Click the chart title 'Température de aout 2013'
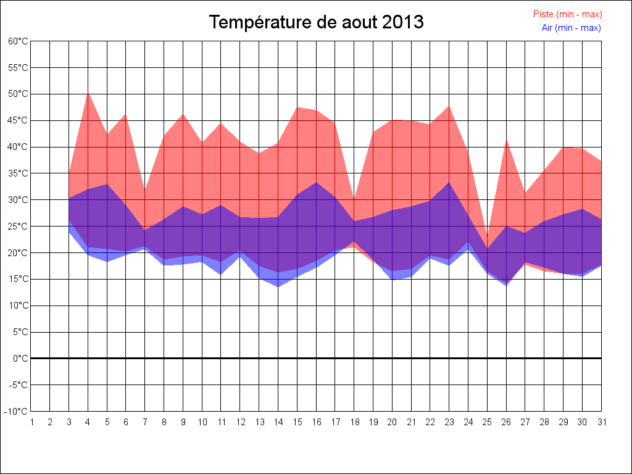coord(316,22)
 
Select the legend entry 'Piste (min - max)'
coord(567,14)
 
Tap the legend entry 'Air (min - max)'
coord(571,28)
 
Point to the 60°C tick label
coord(18,41)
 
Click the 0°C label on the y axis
coord(21,359)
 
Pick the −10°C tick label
coord(17,412)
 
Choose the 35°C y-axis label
coord(18,173)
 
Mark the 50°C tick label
coord(18,94)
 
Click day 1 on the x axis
coord(31,422)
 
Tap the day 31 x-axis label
coord(601,422)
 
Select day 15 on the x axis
coord(297,422)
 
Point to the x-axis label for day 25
coord(487,422)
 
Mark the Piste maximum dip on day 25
coord(488,236)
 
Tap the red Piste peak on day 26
coord(507,140)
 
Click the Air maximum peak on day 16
coord(317,182)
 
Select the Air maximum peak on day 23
coord(449,182)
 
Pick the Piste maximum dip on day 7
coord(146,192)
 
